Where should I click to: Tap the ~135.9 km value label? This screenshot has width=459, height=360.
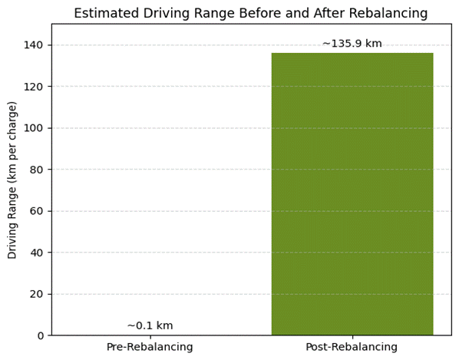click(x=352, y=44)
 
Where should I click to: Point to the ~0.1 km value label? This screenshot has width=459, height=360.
click(x=150, y=325)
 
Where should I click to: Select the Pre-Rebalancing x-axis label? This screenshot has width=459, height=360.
click(x=150, y=347)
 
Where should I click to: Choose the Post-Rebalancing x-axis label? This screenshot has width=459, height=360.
click(x=352, y=347)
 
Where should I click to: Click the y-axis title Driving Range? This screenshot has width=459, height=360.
click(x=13, y=180)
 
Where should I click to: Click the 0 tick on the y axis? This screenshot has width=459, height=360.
click(x=41, y=335)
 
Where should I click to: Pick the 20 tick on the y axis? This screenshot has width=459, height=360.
click(x=38, y=294)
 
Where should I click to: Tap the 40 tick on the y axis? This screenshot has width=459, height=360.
click(x=38, y=253)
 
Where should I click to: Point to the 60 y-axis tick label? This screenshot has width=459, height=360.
click(x=38, y=211)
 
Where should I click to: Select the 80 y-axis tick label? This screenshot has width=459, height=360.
click(x=38, y=170)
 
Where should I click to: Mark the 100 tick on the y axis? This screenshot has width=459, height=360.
click(x=35, y=128)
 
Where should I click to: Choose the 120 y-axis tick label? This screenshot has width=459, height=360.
click(x=35, y=87)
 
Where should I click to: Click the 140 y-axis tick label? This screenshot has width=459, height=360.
click(x=35, y=45)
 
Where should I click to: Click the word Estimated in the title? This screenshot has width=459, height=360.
click(x=104, y=13)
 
